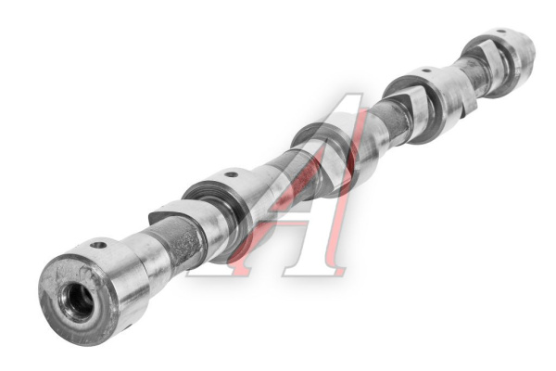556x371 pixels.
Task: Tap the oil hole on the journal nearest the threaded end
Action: [x=98, y=245]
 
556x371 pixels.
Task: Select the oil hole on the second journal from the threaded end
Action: [x=231, y=174]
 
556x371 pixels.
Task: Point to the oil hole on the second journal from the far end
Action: [x=426, y=70]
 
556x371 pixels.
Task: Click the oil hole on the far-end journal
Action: [x=501, y=32]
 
